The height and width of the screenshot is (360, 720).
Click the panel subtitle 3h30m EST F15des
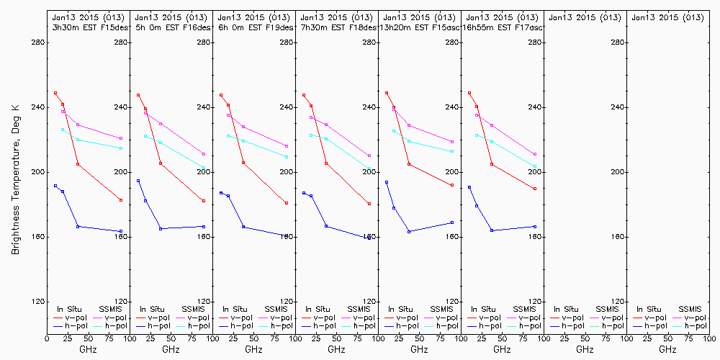tap(88, 27)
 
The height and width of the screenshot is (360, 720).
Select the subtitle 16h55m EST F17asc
tap(503, 27)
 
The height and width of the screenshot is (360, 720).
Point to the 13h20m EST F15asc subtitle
tap(419, 27)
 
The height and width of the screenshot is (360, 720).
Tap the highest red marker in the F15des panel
tap(55, 93)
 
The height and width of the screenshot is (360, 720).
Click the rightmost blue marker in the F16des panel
tap(204, 226)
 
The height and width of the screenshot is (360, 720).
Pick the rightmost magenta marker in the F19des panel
tap(287, 146)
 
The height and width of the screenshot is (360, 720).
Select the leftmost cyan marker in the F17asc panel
tap(477, 135)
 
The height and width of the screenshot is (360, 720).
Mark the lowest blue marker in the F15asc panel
tap(409, 231)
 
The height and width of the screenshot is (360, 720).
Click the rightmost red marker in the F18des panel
tap(369, 204)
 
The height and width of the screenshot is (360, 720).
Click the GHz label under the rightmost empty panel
tap(667, 349)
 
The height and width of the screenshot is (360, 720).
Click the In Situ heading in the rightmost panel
tap(648, 309)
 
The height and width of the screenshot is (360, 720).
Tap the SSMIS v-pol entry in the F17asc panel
tap(526, 318)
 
